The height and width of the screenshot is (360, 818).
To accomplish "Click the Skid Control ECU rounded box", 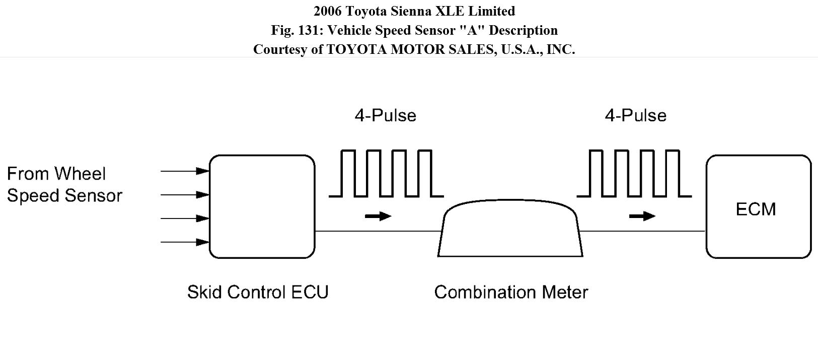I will (262, 207).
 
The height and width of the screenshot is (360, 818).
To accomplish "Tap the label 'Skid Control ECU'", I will (258, 293).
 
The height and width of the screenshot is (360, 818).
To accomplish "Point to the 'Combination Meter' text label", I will (511, 293).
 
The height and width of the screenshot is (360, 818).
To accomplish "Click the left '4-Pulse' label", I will (386, 116).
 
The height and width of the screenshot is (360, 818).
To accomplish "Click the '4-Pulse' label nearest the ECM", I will (636, 116).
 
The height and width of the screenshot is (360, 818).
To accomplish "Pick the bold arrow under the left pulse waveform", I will (378, 217).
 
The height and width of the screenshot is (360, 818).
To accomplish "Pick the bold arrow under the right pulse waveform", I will (642, 217).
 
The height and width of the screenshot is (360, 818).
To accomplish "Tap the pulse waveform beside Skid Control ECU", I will (387, 173).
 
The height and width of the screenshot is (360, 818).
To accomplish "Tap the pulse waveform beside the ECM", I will (634, 173).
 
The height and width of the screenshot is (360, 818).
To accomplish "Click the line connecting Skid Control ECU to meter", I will (378, 231).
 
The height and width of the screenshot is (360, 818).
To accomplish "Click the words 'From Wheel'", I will (56, 174).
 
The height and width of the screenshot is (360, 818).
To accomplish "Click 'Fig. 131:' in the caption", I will (297, 30).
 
